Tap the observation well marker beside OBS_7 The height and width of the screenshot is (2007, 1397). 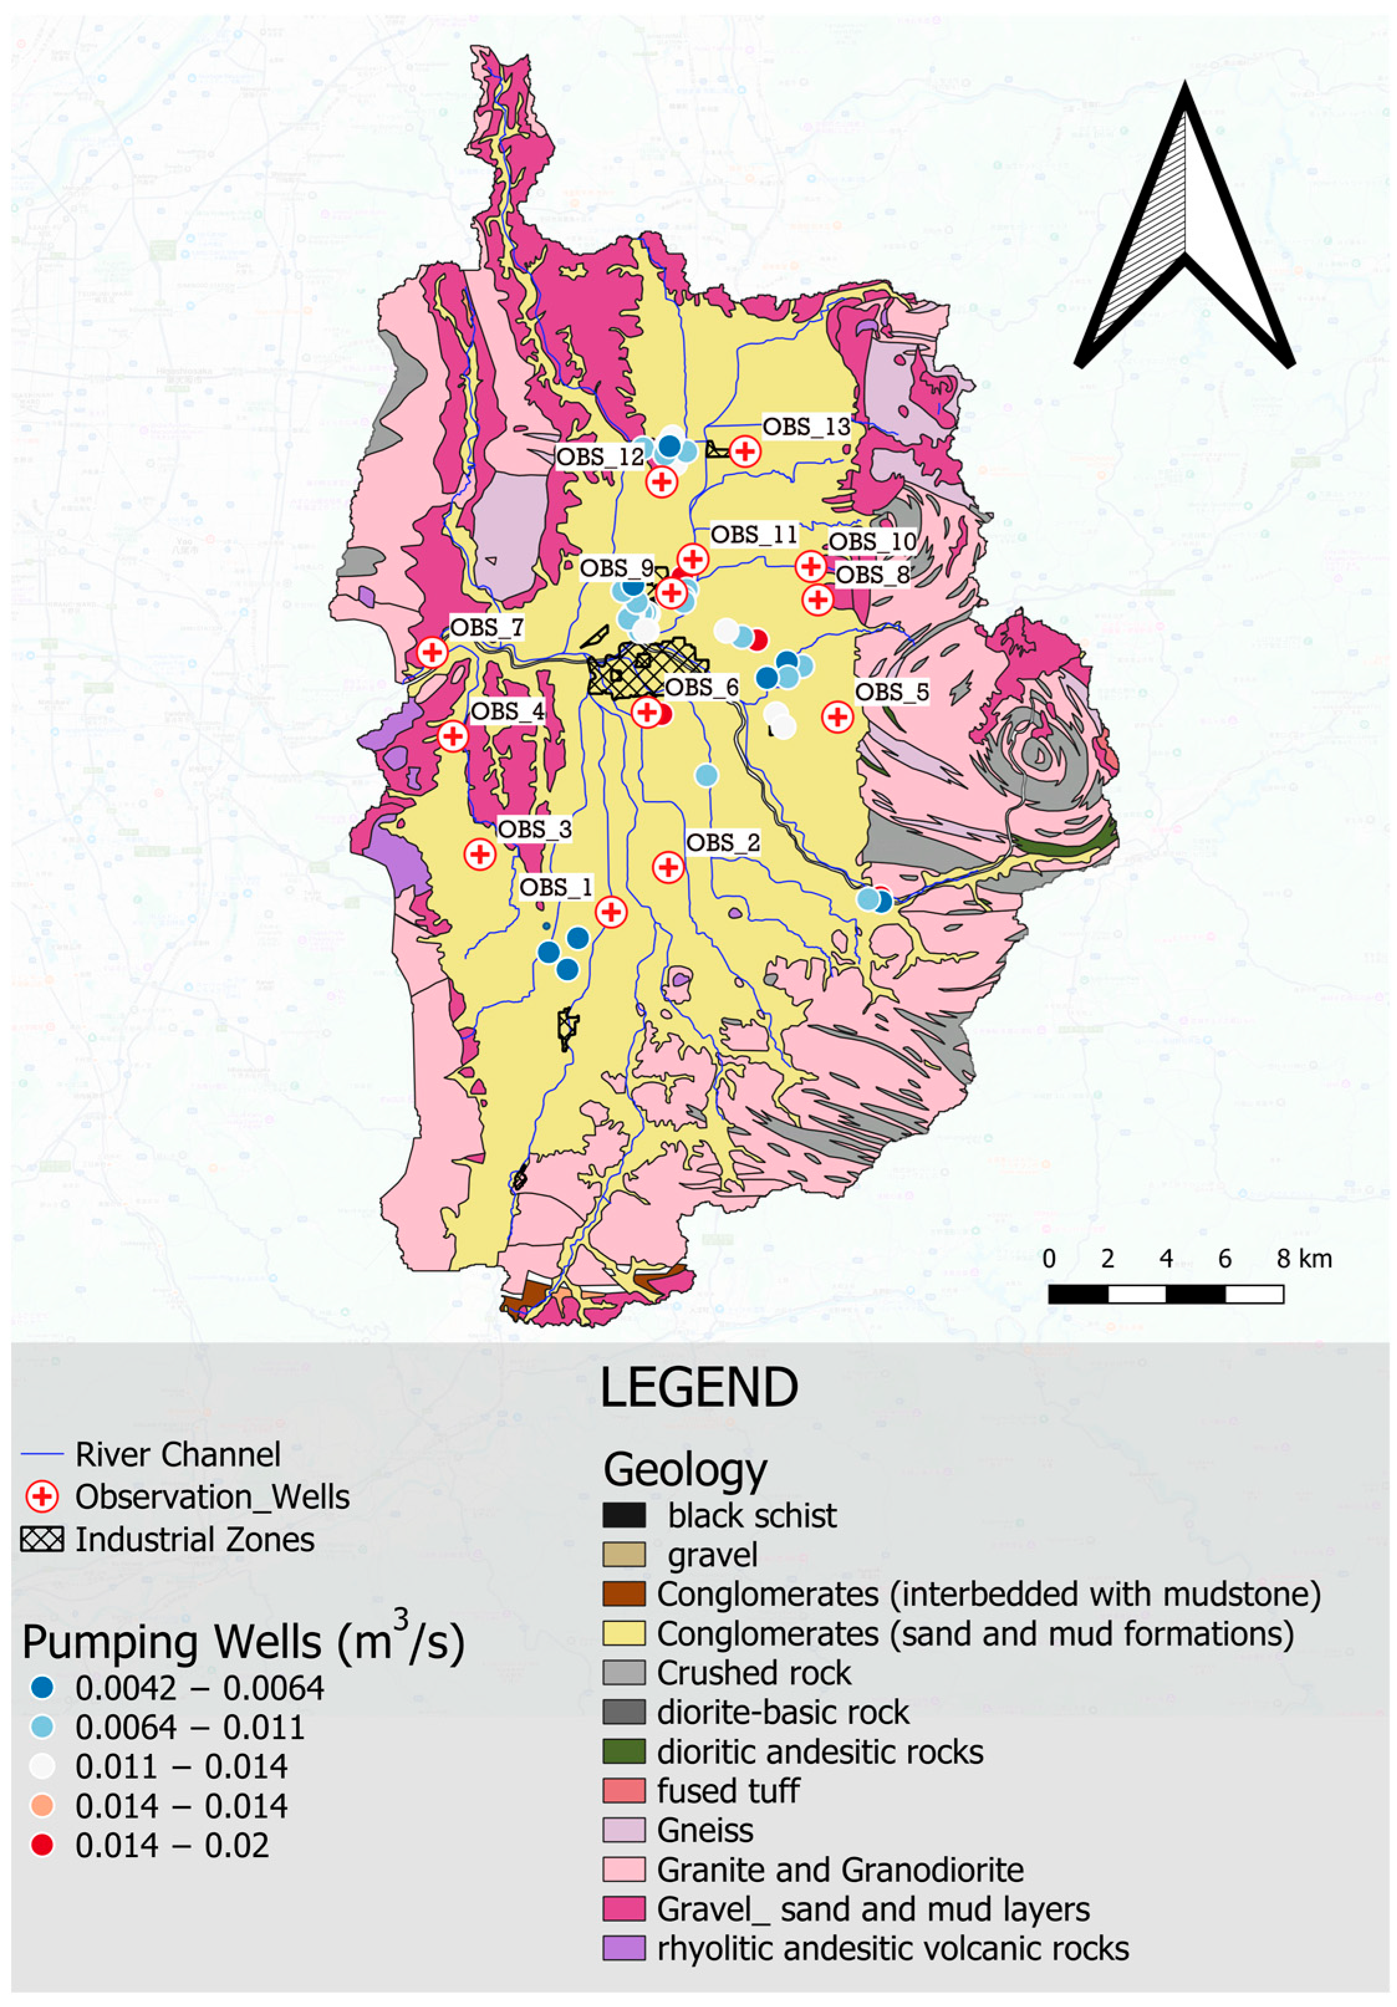click(x=432, y=652)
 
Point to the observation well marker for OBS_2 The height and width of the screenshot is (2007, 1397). click(x=669, y=867)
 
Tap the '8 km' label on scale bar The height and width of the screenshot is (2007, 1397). click(x=1304, y=1259)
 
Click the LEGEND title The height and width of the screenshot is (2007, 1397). click(x=698, y=1388)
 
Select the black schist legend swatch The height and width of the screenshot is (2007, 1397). click(x=624, y=1515)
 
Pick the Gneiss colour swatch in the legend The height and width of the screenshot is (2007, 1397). click(x=624, y=1830)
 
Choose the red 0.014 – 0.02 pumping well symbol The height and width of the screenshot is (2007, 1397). click(x=42, y=1845)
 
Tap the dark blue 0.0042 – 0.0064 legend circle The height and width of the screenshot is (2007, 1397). click(x=42, y=1688)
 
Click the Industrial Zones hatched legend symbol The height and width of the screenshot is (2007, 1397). click(x=42, y=1539)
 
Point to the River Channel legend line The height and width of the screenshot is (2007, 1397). click(x=42, y=1455)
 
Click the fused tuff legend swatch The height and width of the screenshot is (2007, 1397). click(x=624, y=1790)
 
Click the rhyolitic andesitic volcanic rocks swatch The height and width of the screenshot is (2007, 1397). click(x=624, y=1947)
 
